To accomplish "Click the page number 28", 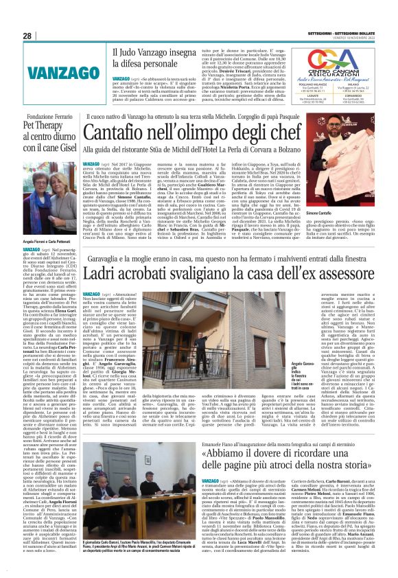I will tap(27, 36).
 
